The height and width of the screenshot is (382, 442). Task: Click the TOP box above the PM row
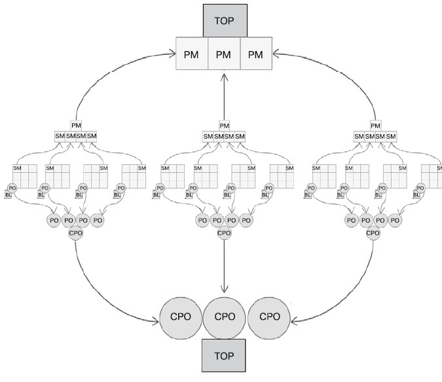tap(224, 20)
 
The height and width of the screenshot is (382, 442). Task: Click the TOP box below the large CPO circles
tap(224, 357)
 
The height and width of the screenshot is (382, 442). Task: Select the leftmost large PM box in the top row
tap(193, 54)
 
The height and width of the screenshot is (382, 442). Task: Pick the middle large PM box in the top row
tap(224, 54)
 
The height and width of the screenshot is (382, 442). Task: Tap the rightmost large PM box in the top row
tap(255, 54)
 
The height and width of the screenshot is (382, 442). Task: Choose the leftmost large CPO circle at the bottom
tap(180, 317)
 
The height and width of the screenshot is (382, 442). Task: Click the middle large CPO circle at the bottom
tap(224, 317)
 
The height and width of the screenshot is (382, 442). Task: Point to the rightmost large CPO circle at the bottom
tap(270, 317)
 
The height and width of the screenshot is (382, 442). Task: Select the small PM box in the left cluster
tap(76, 125)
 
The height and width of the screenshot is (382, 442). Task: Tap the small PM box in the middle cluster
tap(225, 125)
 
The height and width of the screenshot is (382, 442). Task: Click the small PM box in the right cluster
tap(375, 125)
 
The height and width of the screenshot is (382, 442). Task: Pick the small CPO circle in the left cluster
tap(76, 232)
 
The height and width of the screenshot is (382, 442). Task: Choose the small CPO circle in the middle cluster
tap(224, 232)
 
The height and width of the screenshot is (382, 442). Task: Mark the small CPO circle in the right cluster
tap(373, 232)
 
